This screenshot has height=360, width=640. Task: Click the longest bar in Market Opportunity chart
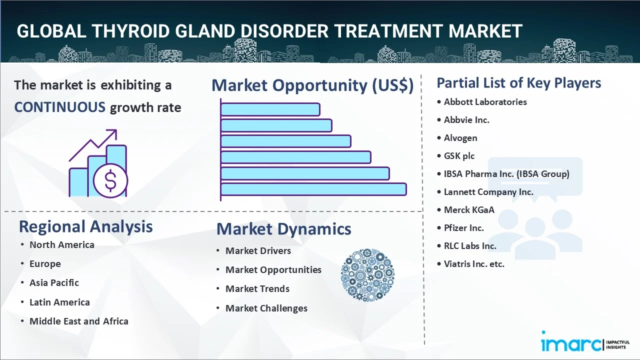tap(313, 189)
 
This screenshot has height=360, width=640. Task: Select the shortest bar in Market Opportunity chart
tap(270, 109)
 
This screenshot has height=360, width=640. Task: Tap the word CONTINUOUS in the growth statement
tap(59, 107)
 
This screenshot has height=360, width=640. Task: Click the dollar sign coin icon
tap(110, 181)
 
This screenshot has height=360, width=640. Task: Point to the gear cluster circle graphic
tap(367, 275)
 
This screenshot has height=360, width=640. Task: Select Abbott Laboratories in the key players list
tap(485, 102)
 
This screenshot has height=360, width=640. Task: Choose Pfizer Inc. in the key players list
tap(463, 228)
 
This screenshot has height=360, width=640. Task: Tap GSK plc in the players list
tap(459, 156)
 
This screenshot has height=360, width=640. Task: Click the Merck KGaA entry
tap(469, 210)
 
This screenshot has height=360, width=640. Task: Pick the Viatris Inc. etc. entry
tap(474, 264)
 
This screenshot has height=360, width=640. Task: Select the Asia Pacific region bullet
tap(54, 283)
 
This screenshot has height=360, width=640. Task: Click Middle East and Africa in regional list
tap(78, 321)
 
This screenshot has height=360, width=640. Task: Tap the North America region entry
tap(61, 245)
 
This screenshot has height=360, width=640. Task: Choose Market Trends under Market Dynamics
tap(257, 289)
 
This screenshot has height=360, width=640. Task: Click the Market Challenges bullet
tap(266, 308)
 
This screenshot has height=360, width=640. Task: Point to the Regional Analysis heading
tap(85, 226)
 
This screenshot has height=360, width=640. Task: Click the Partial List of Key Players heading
tap(518, 83)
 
